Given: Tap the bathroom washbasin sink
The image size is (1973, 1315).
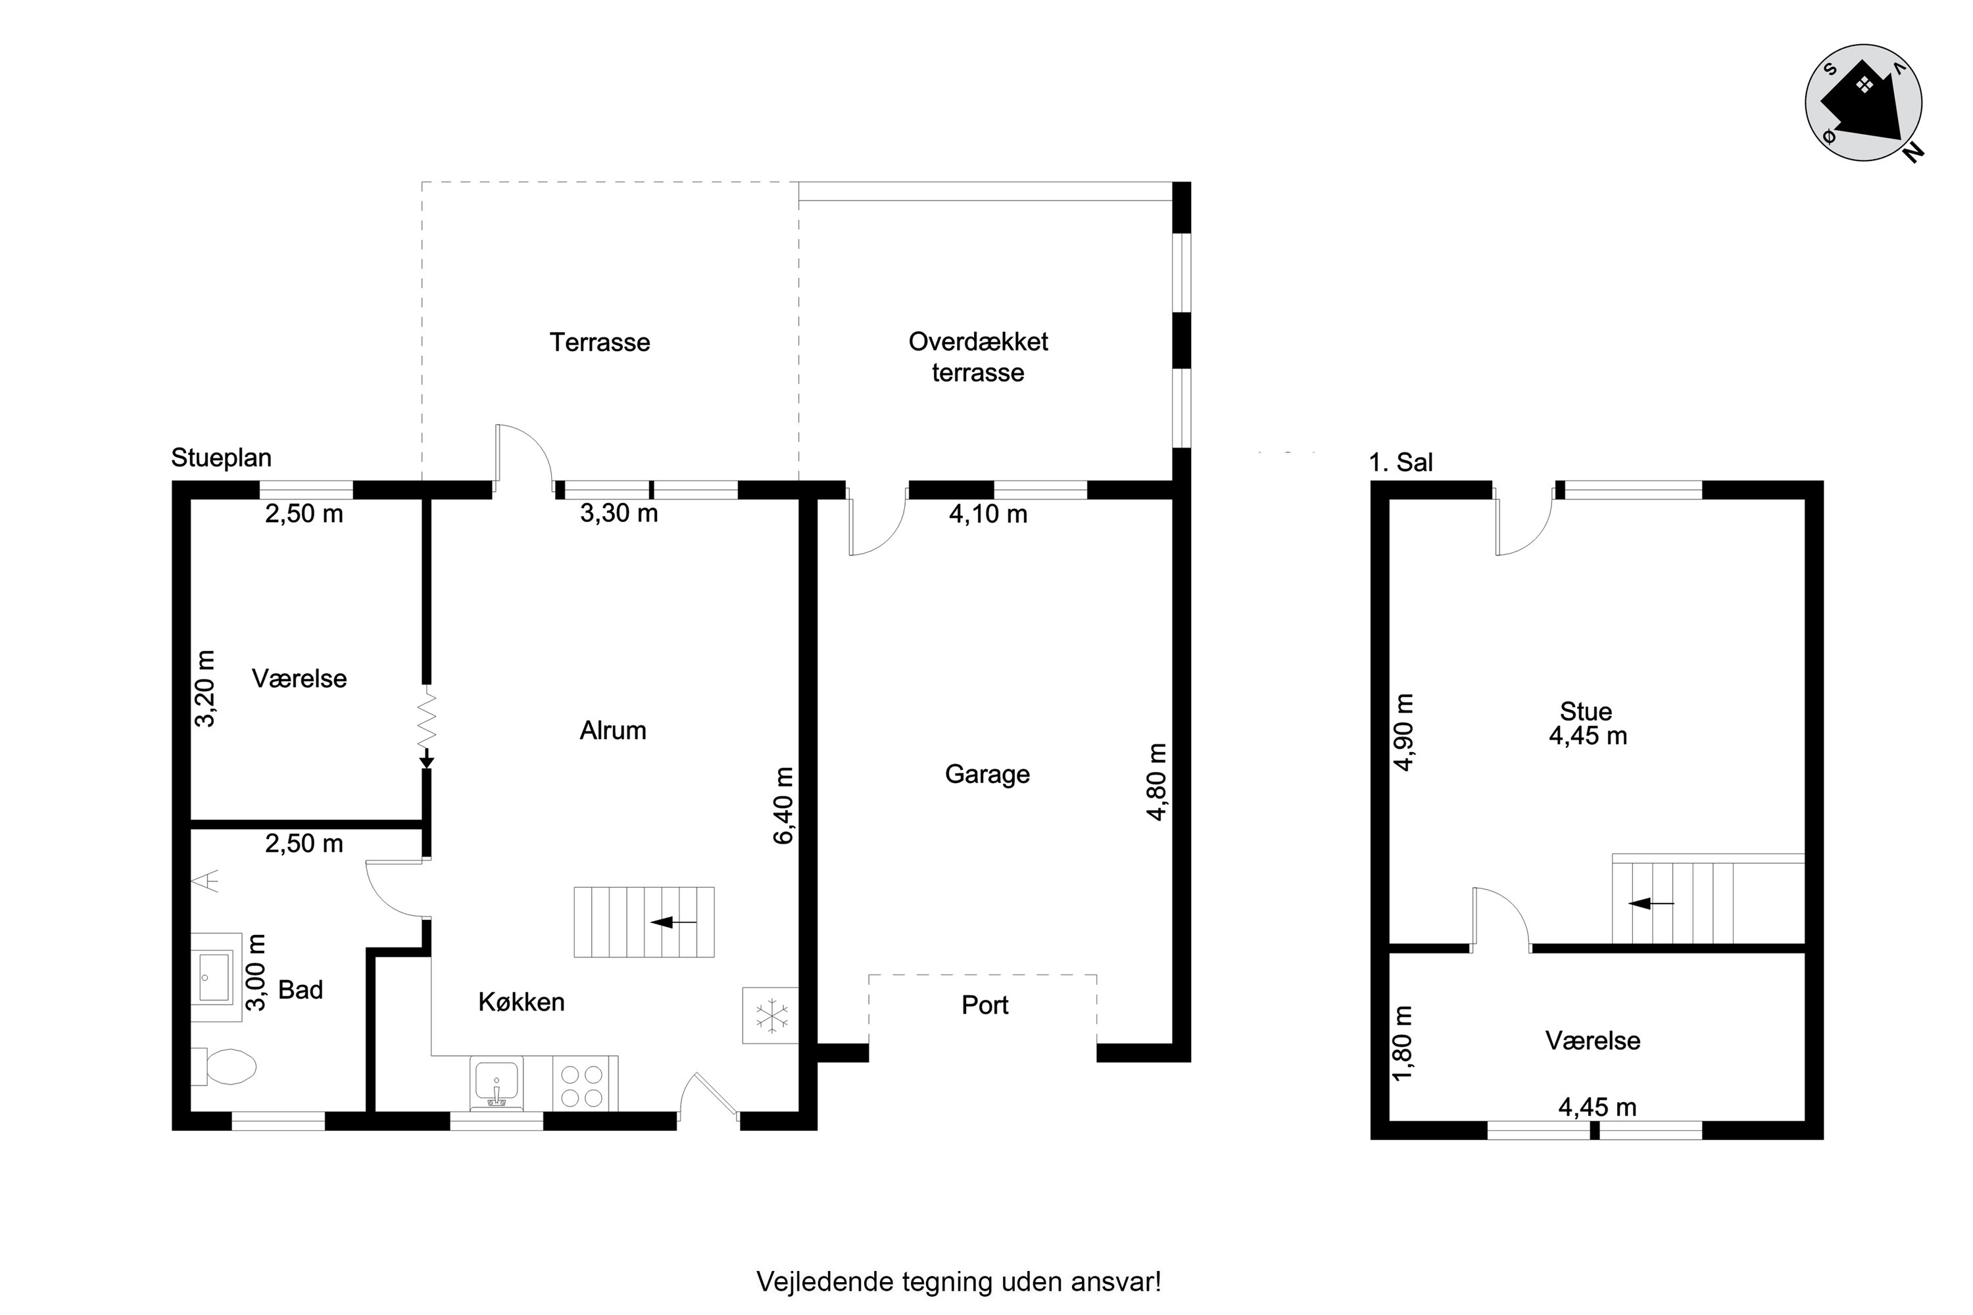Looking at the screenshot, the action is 216,977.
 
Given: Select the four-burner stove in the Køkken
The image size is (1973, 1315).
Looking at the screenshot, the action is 585,1084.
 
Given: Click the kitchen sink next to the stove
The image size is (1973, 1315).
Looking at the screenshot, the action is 497,1083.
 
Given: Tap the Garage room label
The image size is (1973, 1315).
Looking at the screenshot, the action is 987,774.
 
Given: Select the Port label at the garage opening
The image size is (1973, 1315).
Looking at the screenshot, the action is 985,1005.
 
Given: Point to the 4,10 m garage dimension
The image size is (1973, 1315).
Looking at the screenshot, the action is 988,514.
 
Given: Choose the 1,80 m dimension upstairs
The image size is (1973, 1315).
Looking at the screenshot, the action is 1403,1043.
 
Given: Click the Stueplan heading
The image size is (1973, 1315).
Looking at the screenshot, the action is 222,458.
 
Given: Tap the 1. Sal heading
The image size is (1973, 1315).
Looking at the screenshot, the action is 1401,462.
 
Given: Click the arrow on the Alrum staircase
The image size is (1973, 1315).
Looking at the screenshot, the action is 673,922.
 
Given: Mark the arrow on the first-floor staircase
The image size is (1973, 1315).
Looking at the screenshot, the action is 1651,903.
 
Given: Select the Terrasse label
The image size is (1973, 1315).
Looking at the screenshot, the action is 600,342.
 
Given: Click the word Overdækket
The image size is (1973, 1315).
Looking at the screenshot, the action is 978,341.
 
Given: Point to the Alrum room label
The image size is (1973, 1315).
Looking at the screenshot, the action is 613,730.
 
